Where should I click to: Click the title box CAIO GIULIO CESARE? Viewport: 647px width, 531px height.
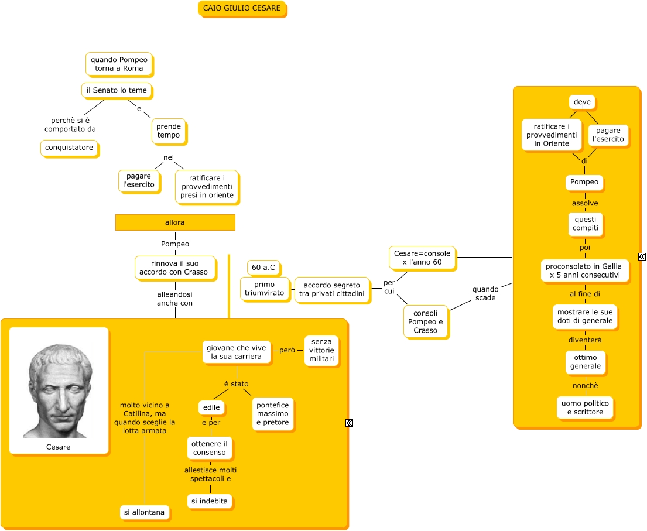[x=242, y=8]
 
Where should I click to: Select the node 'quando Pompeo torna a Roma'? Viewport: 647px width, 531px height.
[x=119, y=64]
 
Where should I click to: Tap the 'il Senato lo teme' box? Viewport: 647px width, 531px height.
[x=117, y=90]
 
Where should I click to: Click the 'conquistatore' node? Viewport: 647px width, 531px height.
[x=69, y=148]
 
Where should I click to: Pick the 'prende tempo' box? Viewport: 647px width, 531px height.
[x=169, y=131]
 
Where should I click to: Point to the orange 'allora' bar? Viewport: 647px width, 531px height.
[x=175, y=222]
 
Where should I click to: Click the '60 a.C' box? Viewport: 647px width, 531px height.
[x=263, y=268]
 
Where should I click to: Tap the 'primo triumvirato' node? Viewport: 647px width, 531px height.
[x=265, y=289]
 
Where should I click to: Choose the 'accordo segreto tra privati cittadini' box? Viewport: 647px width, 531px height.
[x=332, y=289]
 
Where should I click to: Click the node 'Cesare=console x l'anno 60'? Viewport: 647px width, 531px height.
[x=422, y=258]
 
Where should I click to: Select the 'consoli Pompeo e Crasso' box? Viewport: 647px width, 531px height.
[x=425, y=321]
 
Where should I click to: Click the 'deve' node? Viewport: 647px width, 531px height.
[x=582, y=102]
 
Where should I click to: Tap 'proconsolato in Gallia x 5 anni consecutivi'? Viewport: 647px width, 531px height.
[x=584, y=270]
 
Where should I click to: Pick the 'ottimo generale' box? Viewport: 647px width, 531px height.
[x=585, y=362]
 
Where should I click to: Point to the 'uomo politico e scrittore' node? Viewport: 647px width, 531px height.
[x=585, y=407]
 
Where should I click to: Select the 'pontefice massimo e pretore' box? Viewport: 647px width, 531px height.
[x=273, y=414]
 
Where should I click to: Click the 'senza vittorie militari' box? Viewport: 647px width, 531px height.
[x=321, y=350]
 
